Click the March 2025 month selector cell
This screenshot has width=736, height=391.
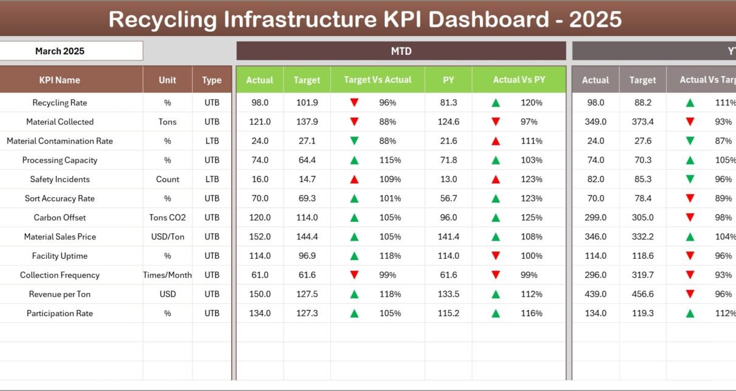(x=60, y=51)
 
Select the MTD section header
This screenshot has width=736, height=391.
(x=401, y=51)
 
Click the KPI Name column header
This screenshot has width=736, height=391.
(x=60, y=80)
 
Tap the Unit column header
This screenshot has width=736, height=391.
(x=167, y=80)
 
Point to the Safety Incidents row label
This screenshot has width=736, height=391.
(x=60, y=179)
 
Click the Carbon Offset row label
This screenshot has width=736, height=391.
(x=60, y=217)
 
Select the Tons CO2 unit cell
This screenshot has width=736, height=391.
(x=167, y=217)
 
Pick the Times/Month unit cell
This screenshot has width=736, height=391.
(x=167, y=275)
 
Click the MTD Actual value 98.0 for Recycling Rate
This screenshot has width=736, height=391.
(x=260, y=103)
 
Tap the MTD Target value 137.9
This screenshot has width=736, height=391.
(x=307, y=122)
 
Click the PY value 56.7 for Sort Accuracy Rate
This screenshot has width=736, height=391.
(x=448, y=199)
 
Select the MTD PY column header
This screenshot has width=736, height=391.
(x=448, y=80)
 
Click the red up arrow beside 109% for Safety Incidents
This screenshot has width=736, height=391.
(x=354, y=180)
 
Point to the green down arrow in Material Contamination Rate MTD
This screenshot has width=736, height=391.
(x=354, y=141)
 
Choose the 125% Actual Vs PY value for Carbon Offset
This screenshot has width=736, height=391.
(x=531, y=217)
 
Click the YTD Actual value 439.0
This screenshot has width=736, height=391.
(x=595, y=294)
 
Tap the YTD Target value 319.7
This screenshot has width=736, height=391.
(x=642, y=275)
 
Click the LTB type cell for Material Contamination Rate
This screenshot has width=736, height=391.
(x=212, y=141)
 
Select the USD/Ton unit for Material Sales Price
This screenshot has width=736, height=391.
(x=167, y=236)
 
